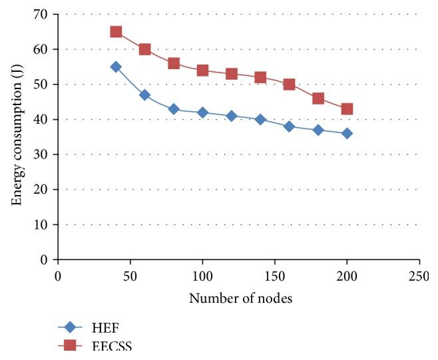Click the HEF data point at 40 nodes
pos(116,67)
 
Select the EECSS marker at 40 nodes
pos(116,32)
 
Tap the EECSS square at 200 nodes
pos(347,108)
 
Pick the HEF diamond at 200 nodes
pos(347,133)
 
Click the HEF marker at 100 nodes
pos(202,112)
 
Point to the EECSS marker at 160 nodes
pos(289,85)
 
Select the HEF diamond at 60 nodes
pos(144,94)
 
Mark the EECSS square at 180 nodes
pos(318,98)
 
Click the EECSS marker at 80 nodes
pos(174,63)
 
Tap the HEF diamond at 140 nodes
pos(260,119)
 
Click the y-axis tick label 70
pos(45,14)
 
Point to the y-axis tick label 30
pos(45,154)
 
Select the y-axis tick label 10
pos(45,224)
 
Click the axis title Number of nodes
pos(240,298)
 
